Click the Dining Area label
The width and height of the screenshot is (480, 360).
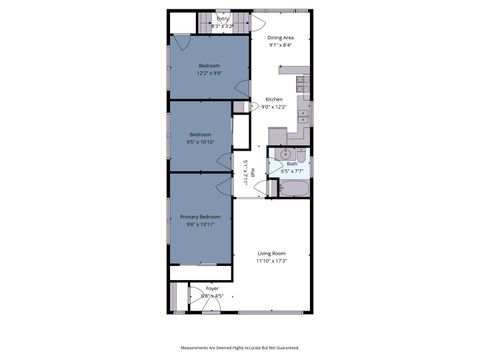tap(280, 37)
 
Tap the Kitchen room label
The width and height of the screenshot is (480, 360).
tap(274, 99)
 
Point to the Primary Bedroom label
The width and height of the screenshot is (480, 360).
tap(200, 217)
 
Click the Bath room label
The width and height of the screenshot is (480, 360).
tap(292, 163)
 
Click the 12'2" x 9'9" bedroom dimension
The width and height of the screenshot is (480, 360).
tap(209, 73)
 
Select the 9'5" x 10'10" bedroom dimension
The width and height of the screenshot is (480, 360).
tap(202, 141)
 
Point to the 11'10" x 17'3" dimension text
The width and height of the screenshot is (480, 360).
tap(272, 261)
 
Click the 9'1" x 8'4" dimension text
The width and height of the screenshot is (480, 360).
tap(280, 45)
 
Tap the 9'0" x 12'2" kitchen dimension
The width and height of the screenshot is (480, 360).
tap(274, 107)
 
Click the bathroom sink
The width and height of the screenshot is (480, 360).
tap(285, 153)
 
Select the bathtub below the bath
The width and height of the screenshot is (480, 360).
tap(291, 187)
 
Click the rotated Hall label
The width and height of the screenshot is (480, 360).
tap(251, 172)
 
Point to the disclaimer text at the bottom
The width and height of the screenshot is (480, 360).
tap(240, 347)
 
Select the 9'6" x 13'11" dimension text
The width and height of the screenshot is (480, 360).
tap(200, 225)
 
